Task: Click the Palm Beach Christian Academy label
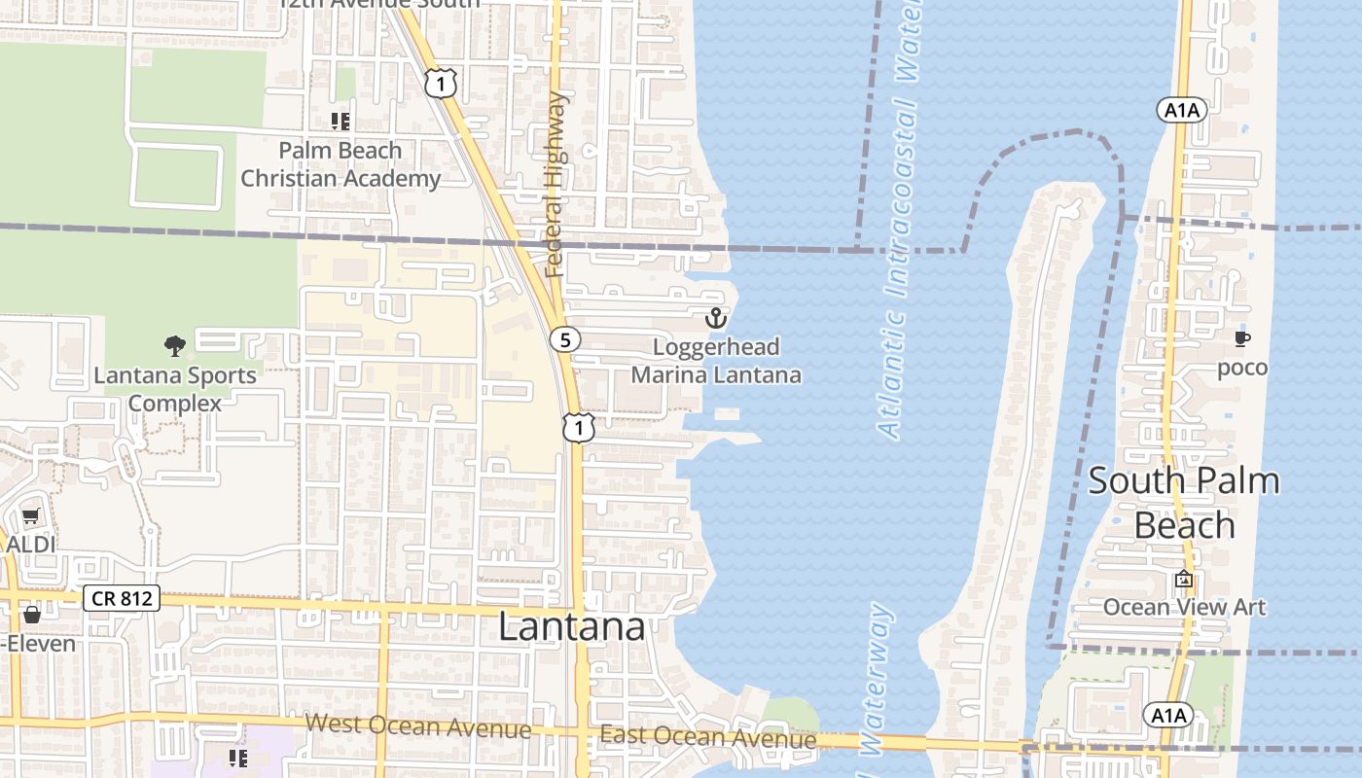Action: [340, 164]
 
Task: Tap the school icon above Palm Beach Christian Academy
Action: [340, 122]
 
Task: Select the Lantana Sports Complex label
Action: [175, 388]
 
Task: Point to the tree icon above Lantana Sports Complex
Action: [175, 345]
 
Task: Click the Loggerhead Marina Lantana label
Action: [716, 361]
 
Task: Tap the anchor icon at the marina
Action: [716, 318]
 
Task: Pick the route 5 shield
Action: [564, 339]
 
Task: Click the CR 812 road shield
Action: [122, 598]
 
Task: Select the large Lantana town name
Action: [571, 626]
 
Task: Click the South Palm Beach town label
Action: [1184, 503]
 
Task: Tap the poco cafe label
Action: [1242, 368]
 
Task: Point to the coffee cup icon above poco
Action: [1242, 338]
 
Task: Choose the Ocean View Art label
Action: [1184, 608]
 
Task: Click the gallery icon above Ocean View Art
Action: [1184, 579]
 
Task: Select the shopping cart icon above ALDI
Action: [30, 516]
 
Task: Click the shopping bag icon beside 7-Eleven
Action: [32, 615]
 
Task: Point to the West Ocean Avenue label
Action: [418, 726]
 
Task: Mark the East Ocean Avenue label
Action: [708, 737]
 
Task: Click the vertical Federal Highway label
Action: [556, 185]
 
